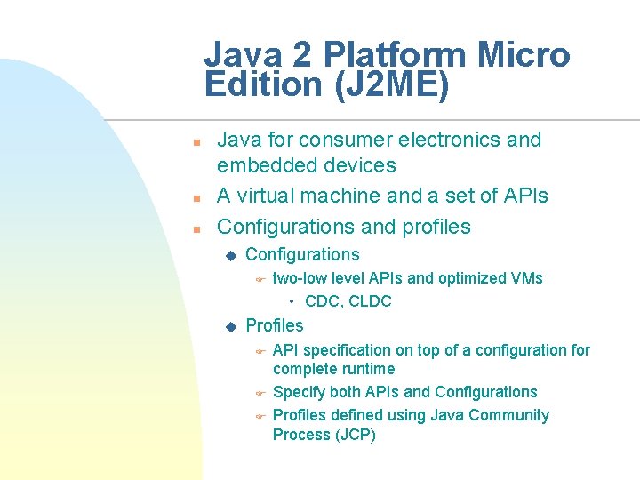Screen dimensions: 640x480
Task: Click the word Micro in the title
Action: point(524,55)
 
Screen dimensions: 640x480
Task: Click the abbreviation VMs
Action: point(527,278)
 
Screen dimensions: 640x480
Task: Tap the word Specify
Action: point(299,392)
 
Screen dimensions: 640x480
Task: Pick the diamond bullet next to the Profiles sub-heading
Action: point(231,327)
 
